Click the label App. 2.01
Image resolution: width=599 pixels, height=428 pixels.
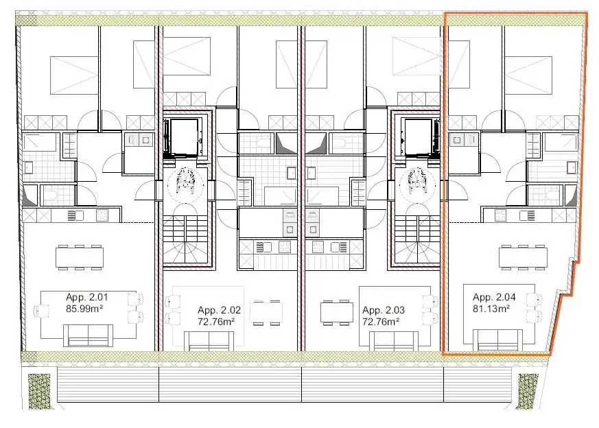click(x=86, y=297)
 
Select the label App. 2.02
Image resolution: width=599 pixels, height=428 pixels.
click(x=216, y=310)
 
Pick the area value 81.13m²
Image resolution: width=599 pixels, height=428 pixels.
click(x=491, y=308)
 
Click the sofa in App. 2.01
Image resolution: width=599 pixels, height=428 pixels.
click(x=86, y=335)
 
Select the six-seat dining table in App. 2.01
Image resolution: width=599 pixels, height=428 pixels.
click(x=80, y=257)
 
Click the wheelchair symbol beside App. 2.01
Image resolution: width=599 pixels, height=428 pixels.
click(x=185, y=182)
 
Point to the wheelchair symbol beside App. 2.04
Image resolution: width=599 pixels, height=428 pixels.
click(x=416, y=182)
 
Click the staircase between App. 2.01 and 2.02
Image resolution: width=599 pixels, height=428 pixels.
click(x=183, y=240)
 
